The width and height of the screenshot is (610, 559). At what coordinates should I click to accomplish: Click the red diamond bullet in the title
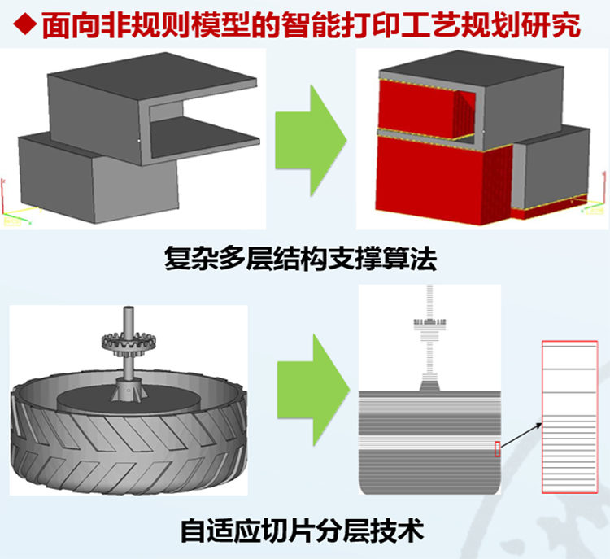[x=25, y=24]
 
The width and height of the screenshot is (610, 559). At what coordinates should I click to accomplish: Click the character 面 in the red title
[x=55, y=25]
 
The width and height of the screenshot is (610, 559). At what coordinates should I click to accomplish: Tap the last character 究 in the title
[x=567, y=25]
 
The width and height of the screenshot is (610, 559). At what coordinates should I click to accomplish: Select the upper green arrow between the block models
[x=311, y=141]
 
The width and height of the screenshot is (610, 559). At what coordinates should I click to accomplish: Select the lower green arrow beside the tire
[x=313, y=390]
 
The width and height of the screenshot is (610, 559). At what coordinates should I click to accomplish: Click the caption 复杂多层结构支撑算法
[x=300, y=259]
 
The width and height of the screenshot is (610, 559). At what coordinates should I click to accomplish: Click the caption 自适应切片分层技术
[x=302, y=531]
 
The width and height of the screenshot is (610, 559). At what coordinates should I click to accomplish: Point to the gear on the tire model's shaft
[x=129, y=343]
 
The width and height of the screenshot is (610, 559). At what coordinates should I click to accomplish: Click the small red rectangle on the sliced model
[x=497, y=449]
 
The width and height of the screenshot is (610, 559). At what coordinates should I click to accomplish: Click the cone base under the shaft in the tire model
[x=129, y=390]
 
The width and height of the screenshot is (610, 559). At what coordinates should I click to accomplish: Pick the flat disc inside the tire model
[x=129, y=400]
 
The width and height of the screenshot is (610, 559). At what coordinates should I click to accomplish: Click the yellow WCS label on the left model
[x=11, y=222]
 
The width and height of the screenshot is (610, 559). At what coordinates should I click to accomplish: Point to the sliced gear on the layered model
[x=429, y=322]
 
